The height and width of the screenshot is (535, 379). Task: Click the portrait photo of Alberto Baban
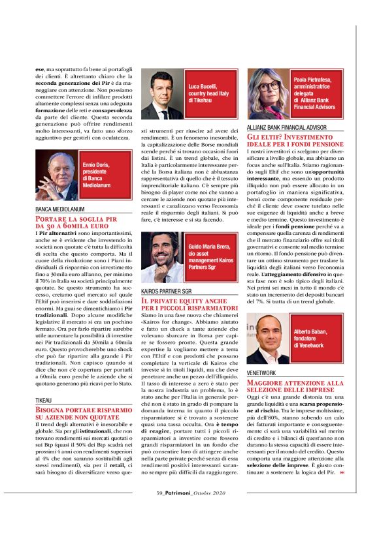270,339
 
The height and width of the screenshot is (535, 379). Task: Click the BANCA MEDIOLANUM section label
59,209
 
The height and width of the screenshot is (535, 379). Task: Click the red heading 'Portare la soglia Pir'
76,221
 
